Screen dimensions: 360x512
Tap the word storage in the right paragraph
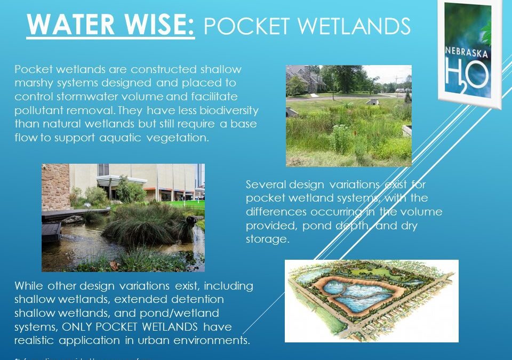tap(267, 239)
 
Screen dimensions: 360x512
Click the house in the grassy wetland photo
tap(305, 80)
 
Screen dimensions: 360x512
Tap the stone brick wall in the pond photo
tap(55, 187)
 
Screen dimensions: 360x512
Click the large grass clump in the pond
tap(144, 224)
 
